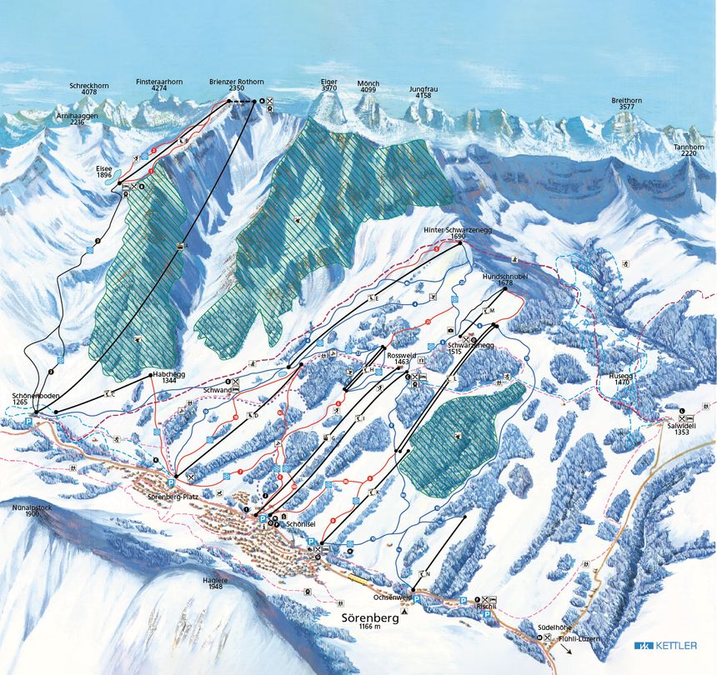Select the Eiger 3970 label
(328, 85)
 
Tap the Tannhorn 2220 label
(689, 150)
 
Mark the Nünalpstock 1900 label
(22, 510)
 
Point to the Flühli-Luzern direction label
(579, 638)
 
